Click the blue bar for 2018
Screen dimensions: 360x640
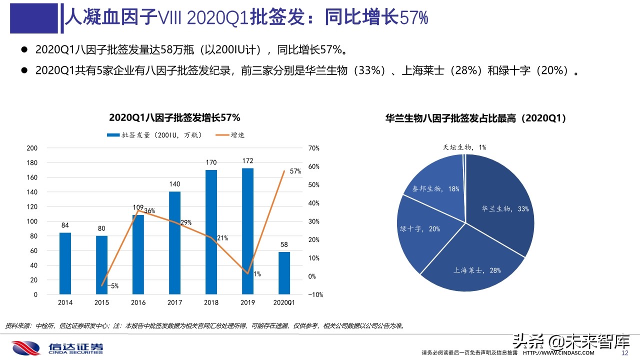tap(211, 231)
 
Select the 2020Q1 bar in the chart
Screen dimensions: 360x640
tap(284, 272)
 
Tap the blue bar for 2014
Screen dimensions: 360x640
tap(65, 263)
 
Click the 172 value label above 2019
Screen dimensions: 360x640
tap(247, 161)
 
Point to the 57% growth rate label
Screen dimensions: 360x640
tap(295, 171)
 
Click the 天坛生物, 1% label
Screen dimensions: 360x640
tap(464, 147)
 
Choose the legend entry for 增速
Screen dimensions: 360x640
tap(230, 135)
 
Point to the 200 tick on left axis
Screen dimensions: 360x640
tap(31, 148)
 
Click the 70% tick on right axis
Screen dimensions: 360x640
tap(313, 148)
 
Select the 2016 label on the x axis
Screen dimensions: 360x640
tap(138, 302)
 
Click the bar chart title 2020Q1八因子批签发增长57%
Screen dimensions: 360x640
tap(174, 118)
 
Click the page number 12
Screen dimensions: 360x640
tap(624, 353)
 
